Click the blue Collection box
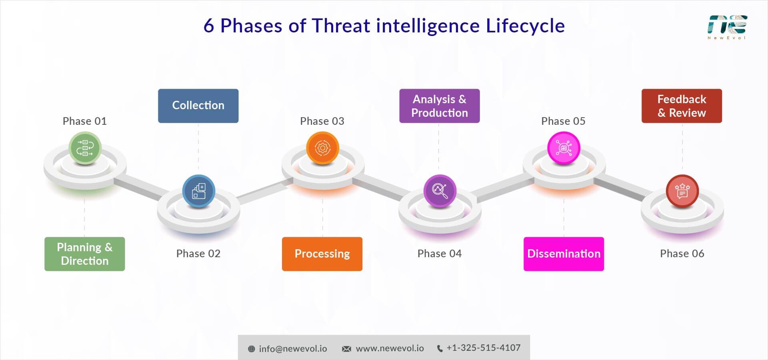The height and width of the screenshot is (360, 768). pyautogui.click(x=198, y=106)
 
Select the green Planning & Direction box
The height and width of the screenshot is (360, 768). pyautogui.click(x=84, y=254)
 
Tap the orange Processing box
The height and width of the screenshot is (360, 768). pyautogui.click(x=322, y=254)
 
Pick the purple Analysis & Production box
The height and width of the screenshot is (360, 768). pyautogui.click(x=439, y=106)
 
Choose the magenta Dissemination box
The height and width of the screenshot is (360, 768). pyautogui.click(x=564, y=254)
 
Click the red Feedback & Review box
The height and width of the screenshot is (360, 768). pyautogui.click(x=682, y=106)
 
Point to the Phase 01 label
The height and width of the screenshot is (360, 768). pyautogui.click(x=84, y=121)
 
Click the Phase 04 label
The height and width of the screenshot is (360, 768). pyautogui.click(x=439, y=254)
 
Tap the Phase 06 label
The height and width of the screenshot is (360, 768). pyautogui.click(x=682, y=254)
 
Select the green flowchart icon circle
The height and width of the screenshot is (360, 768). pyautogui.click(x=85, y=148)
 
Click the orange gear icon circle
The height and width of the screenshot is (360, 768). pyautogui.click(x=322, y=148)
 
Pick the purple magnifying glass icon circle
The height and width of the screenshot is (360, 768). pyautogui.click(x=440, y=191)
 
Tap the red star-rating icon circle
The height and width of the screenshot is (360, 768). pyautogui.click(x=682, y=191)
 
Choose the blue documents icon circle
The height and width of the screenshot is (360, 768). pyautogui.click(x=199, y=191)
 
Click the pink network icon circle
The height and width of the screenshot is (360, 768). pyautogui.click(x=564, y=148)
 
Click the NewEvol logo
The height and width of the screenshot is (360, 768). pyautogui.click(x=727, y=27)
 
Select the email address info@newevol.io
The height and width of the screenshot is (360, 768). pyautogui.click(x=292, y=349)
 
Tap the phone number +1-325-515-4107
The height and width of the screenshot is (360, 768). pyautogui.click(x=483, y=348)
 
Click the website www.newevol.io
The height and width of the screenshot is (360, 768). pyautogui.click(x=390, y=348)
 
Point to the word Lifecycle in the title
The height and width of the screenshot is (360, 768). pyautogui.click(x=525, y=26)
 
